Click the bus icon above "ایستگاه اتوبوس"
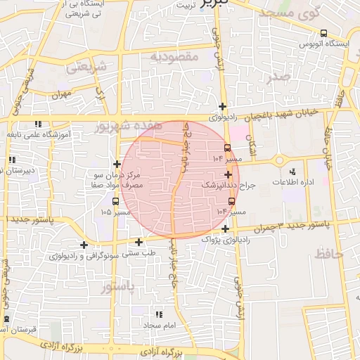click(323, 33)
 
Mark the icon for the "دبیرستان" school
click(12, 159)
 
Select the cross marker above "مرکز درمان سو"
click(117, 164)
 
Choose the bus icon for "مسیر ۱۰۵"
click(115, 201)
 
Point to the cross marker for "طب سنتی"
click(139, 243)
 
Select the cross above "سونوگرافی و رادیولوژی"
click(84, 245)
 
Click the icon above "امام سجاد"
click(159, 314)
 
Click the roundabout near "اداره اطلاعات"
click(280, 160)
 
